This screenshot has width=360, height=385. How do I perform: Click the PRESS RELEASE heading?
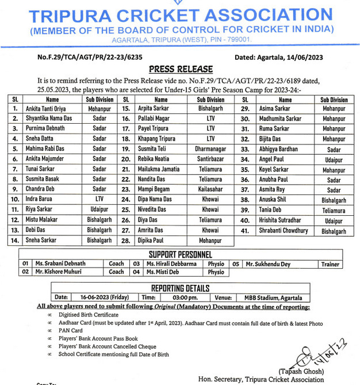pyautogui.click(x=181, y=69)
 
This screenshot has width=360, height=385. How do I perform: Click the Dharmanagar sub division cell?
pyautogui.click(x=210, y=149)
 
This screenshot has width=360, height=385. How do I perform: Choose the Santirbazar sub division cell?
pyautogui.click(x=210, y=159)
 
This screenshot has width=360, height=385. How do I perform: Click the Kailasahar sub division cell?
pyautogui.click(x=210, y=189)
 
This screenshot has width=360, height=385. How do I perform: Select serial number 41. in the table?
pyautogui.click(x=245, y=231)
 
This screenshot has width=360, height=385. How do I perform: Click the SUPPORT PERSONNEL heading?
pyautogui.click(x=180, y=254)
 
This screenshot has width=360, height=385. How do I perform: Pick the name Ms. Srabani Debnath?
pyautogui.click(x=60, y=264)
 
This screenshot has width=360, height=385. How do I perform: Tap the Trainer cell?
pyautogui.click(x=330, y=264)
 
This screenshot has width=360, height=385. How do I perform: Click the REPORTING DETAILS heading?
pyautogui.click(x=180, y=288)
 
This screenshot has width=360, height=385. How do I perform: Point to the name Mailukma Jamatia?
pyautogui.click(x=159, y=170)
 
